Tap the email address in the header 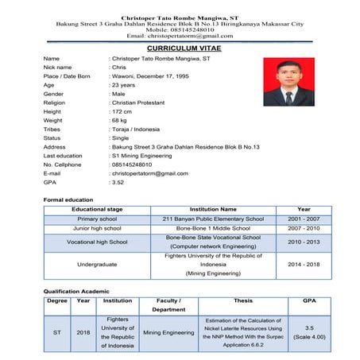pyautogui.click(x=180, y=36)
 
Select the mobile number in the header pyautogui.click(x=180, y=29)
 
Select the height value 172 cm pyautogui.click(x=124, y=111)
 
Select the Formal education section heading pyautogui.click(x=68, y=199)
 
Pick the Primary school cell pyautogui.click(x=97, y=219)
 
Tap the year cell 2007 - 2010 pyautogui.click(x=304, y=228)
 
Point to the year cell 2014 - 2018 pyautogui.click(x=304, y=265)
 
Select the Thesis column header pyautogui.click(x=243, y=301)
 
